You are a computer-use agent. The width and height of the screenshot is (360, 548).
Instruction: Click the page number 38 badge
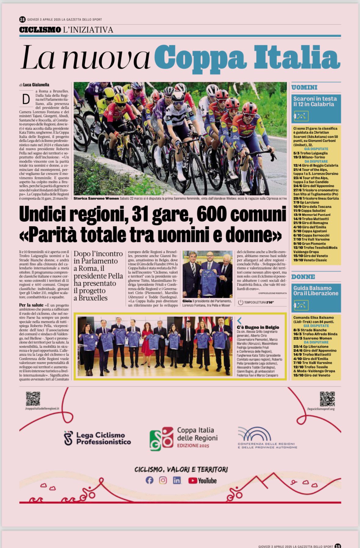(x=22, y=19)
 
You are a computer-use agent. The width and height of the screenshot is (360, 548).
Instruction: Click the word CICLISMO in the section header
(x=40, y=30)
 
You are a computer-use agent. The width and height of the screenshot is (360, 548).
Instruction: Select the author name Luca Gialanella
(x=36, y=85)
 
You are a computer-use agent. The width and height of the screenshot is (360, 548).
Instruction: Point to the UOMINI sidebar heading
(x=304, y=87)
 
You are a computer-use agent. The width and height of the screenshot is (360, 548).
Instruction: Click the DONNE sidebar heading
(x=303, y=277)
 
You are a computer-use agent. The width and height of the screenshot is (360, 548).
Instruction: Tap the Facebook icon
(x=149, y=480)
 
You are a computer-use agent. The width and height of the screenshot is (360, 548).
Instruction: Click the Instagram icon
(x=163, y=480)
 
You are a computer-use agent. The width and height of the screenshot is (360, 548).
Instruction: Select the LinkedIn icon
(x=177, y=480)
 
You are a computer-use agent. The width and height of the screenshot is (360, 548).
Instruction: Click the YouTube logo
(x=202, y=480)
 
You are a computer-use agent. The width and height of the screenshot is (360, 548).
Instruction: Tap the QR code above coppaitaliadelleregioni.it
(x=33, y=399)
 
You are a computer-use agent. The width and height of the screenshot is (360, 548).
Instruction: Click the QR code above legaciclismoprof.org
(x=327, y=399)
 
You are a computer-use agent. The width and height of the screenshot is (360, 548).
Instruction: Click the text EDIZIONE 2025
(x=193, y=446)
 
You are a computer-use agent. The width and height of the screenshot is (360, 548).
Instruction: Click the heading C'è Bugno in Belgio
(x=258, y=327)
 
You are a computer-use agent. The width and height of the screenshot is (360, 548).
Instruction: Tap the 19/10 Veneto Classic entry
(x=310, y=260)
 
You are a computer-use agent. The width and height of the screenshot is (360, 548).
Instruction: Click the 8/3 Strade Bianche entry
(x=310, y=330)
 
